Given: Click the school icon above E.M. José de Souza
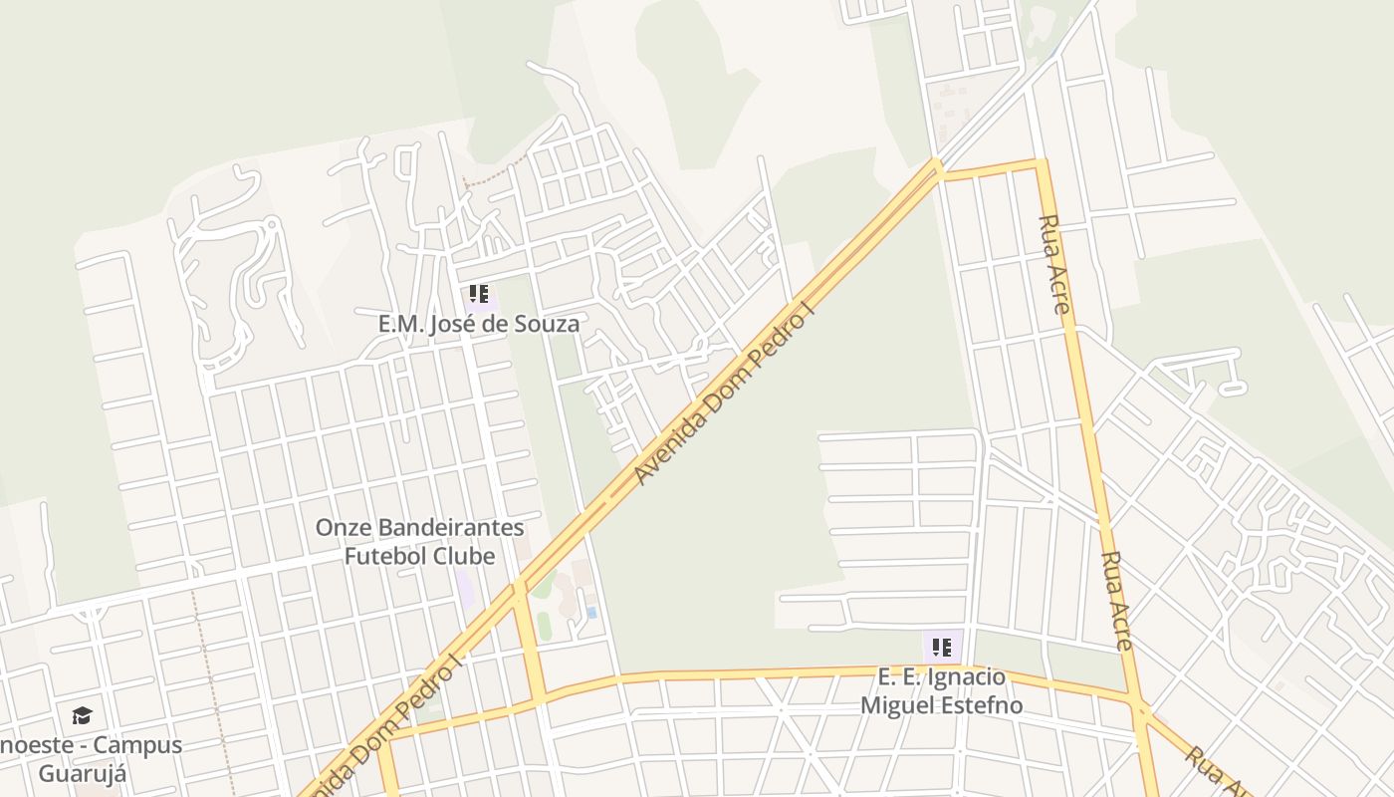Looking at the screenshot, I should (x=479, y=294).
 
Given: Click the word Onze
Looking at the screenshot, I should (x=342, y=528).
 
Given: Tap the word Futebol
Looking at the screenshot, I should (x=384, y=556).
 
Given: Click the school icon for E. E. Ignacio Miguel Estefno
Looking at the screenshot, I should (x=942, y=648).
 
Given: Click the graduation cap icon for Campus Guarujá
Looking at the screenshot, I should (x=82, y=715).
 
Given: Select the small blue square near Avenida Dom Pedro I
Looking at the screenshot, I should (x=591, y=612).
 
